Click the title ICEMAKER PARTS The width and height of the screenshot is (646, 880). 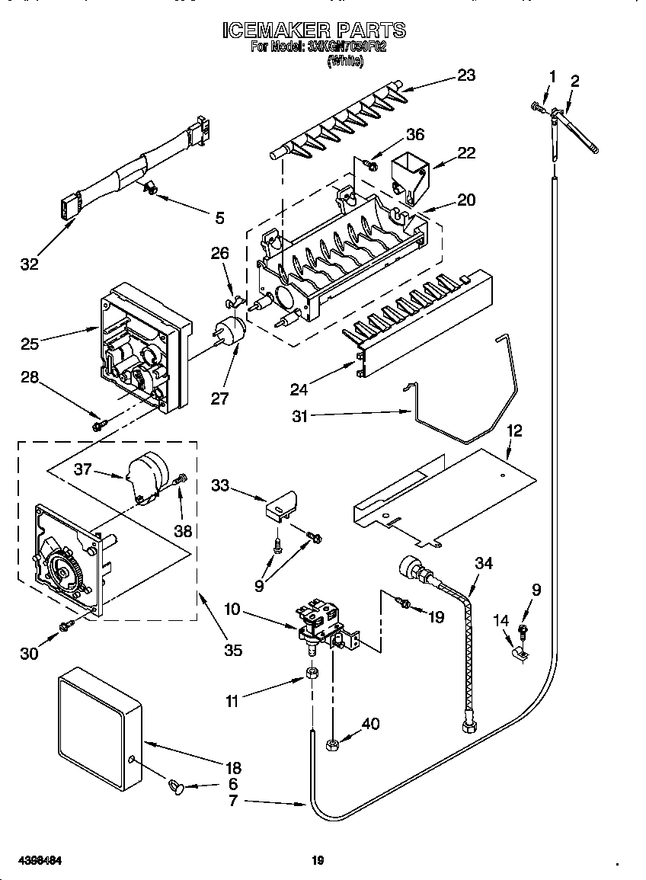coord(314,30)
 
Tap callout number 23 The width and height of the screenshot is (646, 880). coord(465,75)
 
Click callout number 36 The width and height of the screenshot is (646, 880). coord(414,134)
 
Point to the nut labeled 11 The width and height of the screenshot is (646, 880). coord(311,674)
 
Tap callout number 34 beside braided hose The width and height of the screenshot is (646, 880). coord(484,564)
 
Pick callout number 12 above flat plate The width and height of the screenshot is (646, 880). coord(515,431)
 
